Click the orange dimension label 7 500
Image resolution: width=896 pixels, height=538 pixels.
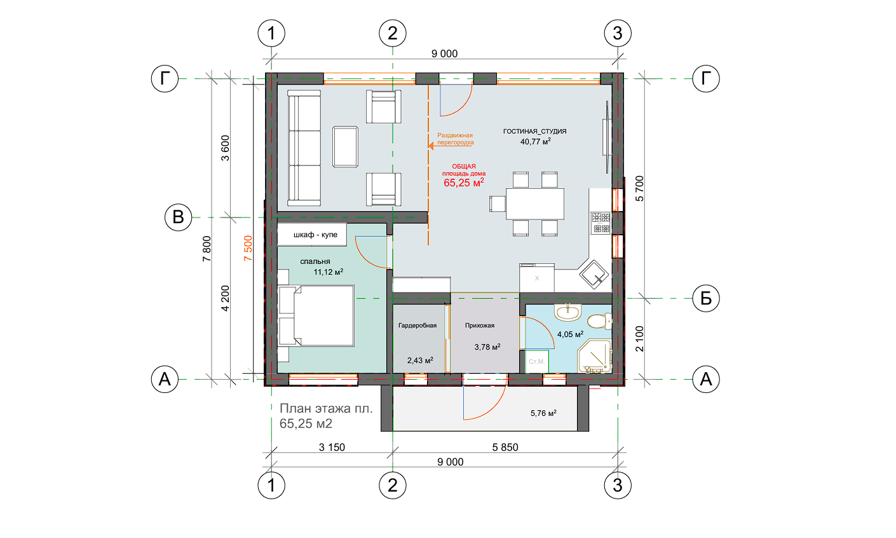(248, 248)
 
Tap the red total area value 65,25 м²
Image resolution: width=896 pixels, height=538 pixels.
(464, 183)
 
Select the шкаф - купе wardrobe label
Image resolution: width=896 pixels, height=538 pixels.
(315, 235)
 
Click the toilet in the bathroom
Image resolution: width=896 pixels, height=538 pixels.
(600, 321)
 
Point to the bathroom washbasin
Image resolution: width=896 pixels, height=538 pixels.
(567, 312)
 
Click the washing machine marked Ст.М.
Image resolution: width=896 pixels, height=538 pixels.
(536, 361)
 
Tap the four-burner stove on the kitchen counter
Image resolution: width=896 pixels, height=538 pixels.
(601, 223)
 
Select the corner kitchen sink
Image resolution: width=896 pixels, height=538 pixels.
(594, 274)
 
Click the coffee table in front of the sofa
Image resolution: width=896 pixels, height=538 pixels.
(345, 146)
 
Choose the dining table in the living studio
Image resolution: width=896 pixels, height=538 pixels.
(535, 203)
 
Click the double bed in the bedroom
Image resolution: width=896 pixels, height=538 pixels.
(316, 315)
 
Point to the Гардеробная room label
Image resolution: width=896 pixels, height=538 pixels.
(417, 326)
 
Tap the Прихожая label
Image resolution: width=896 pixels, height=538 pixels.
(480, 326)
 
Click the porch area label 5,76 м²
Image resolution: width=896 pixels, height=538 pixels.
(543, 413)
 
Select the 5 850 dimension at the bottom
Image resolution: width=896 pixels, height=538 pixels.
(505, 447)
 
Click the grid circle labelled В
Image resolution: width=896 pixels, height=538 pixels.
(178, 217)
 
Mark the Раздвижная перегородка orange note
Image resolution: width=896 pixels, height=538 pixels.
(455, 139)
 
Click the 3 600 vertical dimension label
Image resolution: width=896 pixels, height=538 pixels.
(226, 148)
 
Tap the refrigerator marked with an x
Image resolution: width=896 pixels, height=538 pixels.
(537, 277)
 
